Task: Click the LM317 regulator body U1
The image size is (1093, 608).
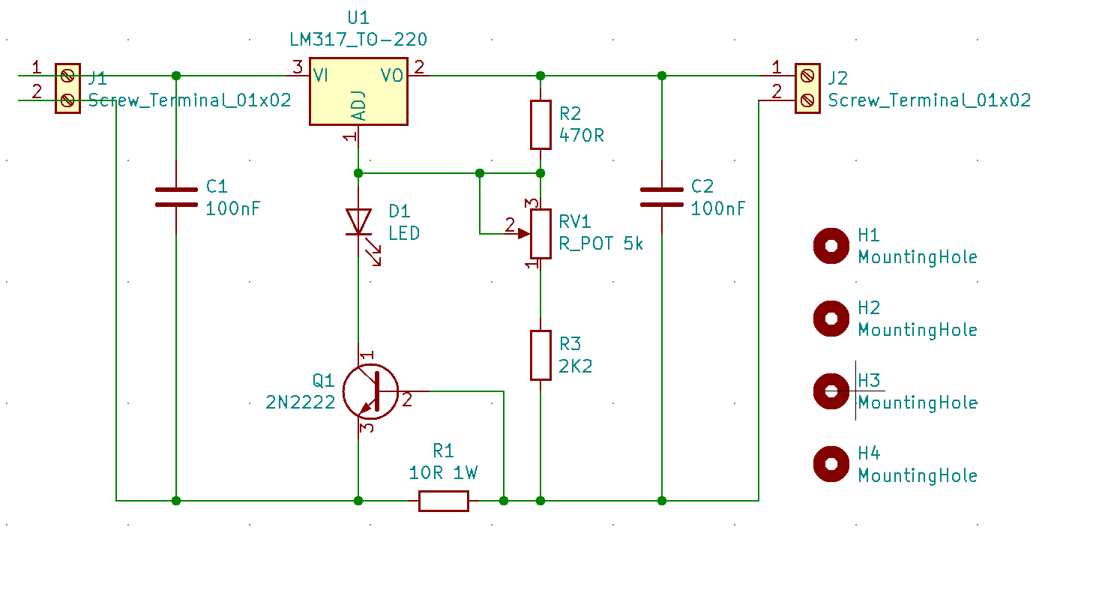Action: point(358,91)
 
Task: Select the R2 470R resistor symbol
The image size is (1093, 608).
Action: point(541,125)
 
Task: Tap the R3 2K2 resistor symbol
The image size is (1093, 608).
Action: point(541,355)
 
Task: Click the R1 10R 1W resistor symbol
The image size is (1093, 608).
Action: point(444,501)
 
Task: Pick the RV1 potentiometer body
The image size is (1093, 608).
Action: point(541,234)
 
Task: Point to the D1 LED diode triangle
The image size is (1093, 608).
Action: point(358,222)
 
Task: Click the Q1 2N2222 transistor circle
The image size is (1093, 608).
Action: point(370,391)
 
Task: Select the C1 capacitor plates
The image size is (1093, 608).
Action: point(176,197)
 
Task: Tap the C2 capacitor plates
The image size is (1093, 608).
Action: point(662,197)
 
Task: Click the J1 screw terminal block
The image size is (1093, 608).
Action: point(67,88)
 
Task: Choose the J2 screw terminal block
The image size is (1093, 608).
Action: point(807,88)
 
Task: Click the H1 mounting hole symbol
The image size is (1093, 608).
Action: point(831,246)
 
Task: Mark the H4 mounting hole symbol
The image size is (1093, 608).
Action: point(831,464)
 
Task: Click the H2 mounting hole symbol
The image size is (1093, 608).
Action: point(831,319)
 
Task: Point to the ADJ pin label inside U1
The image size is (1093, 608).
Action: point(358,106)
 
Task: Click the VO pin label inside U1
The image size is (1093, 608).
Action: point(392,76)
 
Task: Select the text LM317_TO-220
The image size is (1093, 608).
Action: point(358,40)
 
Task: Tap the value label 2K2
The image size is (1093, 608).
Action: point(576,366)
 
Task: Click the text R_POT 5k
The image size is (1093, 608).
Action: point(601,244)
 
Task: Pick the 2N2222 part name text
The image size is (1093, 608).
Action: point(301,403)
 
